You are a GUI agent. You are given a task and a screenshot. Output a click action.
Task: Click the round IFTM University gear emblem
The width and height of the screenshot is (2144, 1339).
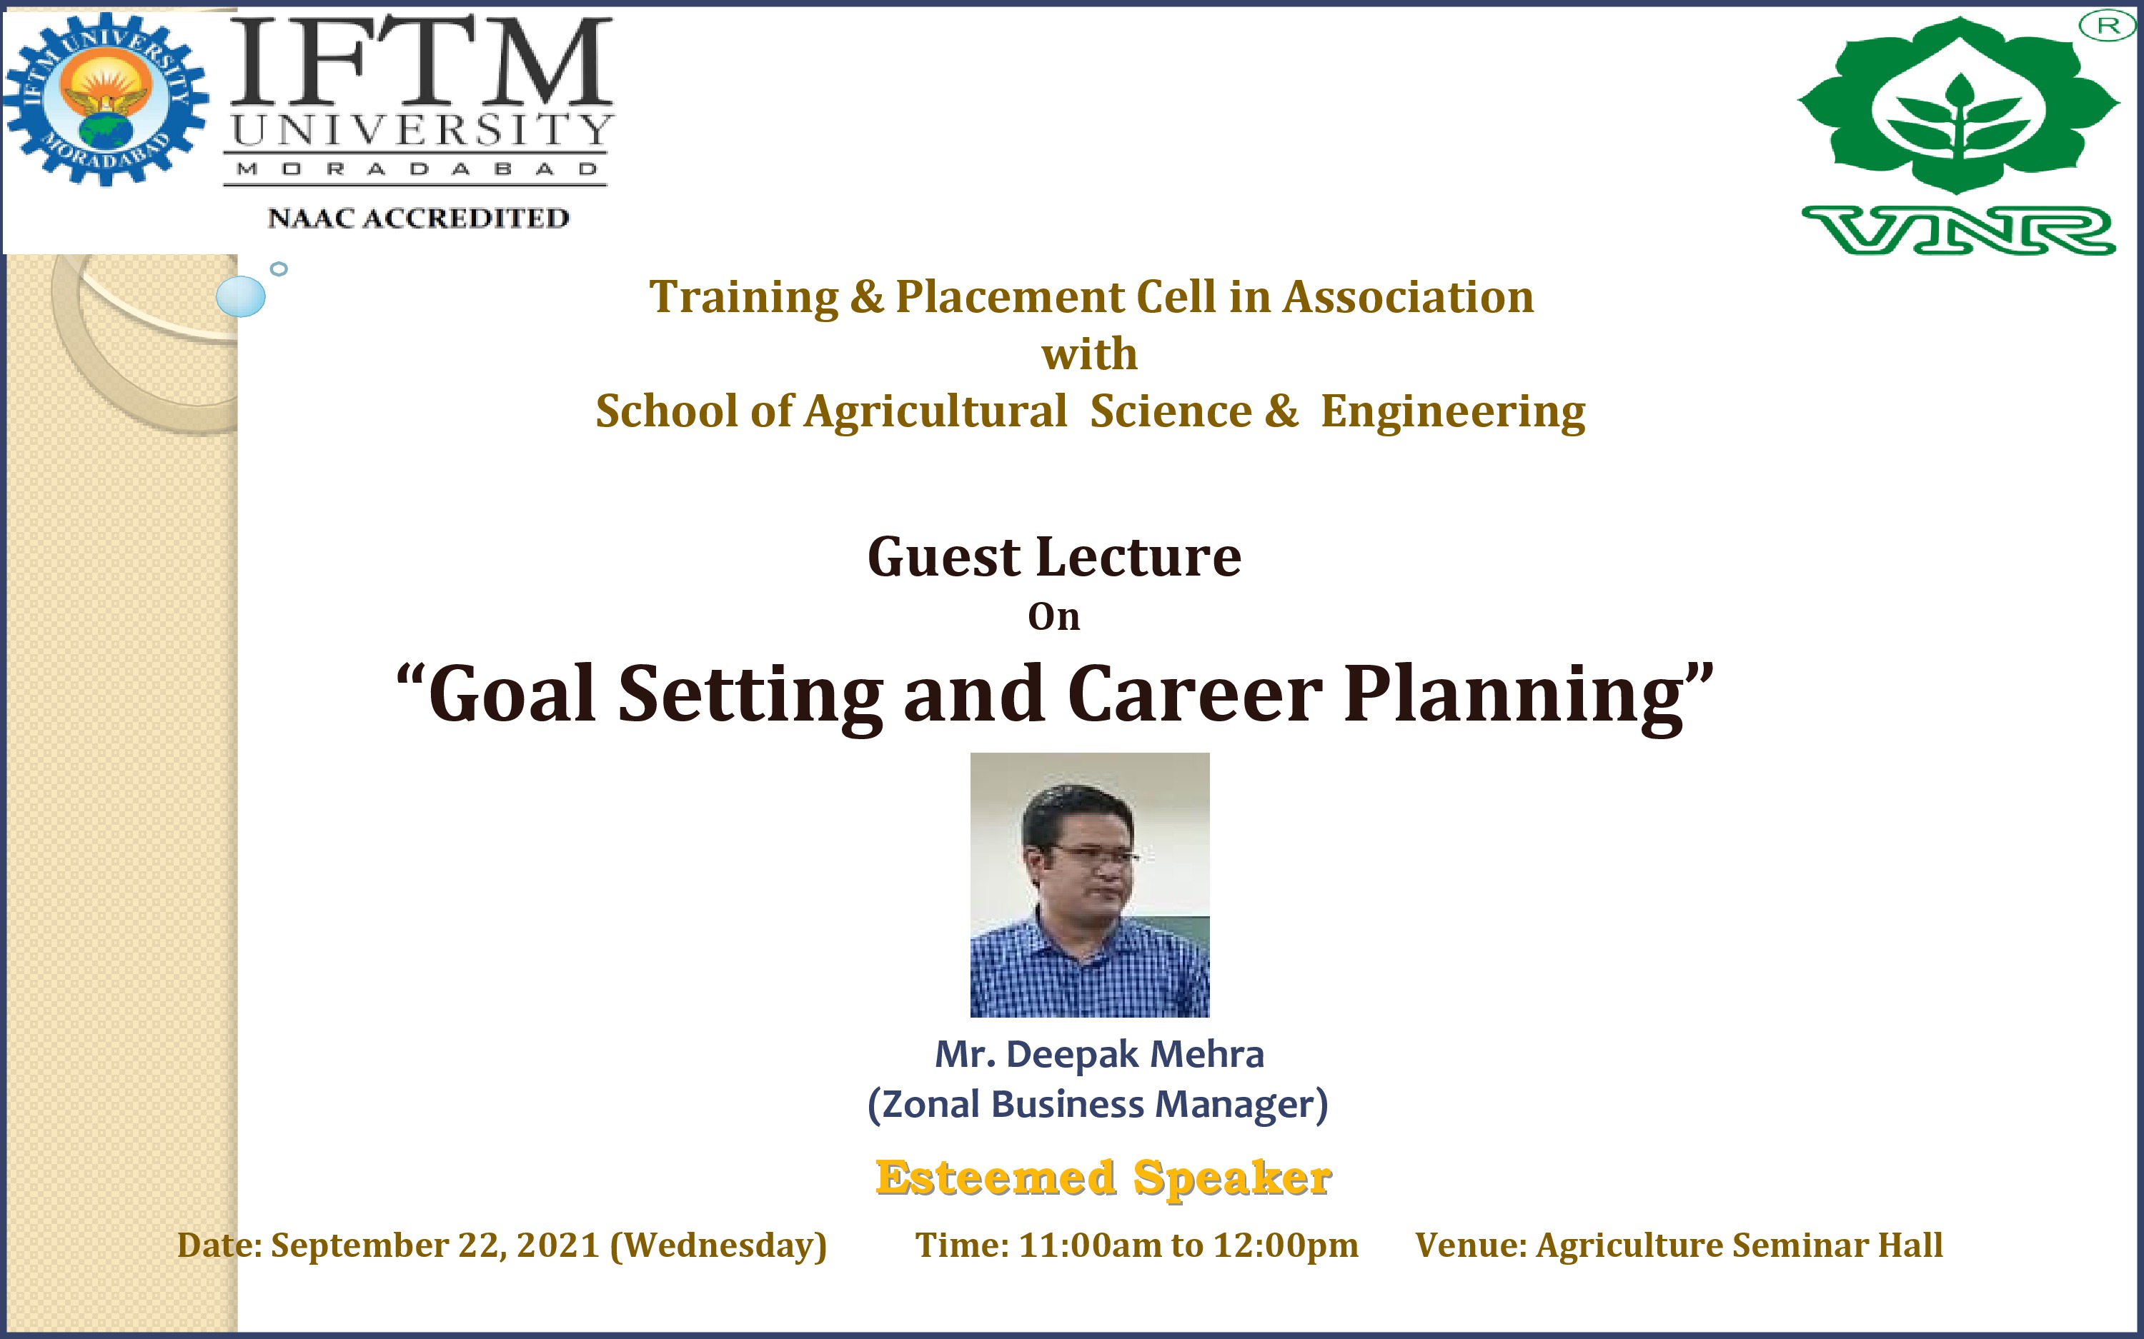(x=106, y=99)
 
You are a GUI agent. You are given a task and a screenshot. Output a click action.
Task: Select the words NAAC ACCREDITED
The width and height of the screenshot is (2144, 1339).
(x=418, y=218)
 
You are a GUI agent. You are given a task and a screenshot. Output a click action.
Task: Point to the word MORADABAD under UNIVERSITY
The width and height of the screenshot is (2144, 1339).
(x=417, y=169)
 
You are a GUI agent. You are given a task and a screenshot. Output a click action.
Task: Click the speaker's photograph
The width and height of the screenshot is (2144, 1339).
(x=1090, y=885)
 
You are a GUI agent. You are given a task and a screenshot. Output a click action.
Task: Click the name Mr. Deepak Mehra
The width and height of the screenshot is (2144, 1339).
(x=1099, y=1054)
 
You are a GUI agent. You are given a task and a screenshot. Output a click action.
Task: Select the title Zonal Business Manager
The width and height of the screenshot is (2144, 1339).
(x=1098, y=1104)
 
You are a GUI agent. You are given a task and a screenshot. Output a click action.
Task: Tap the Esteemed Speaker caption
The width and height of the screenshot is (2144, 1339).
(x=1103, y=1178)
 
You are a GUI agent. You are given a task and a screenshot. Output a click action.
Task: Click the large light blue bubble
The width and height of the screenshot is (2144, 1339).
(x=240, y=296)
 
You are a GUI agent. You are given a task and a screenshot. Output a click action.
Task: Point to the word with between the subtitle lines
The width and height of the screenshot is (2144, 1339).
(x=1089, y=354)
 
